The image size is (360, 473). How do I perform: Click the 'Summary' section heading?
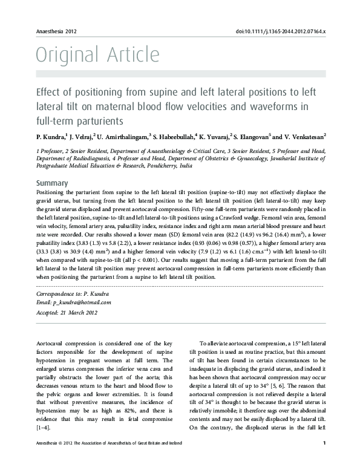[52, 183]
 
